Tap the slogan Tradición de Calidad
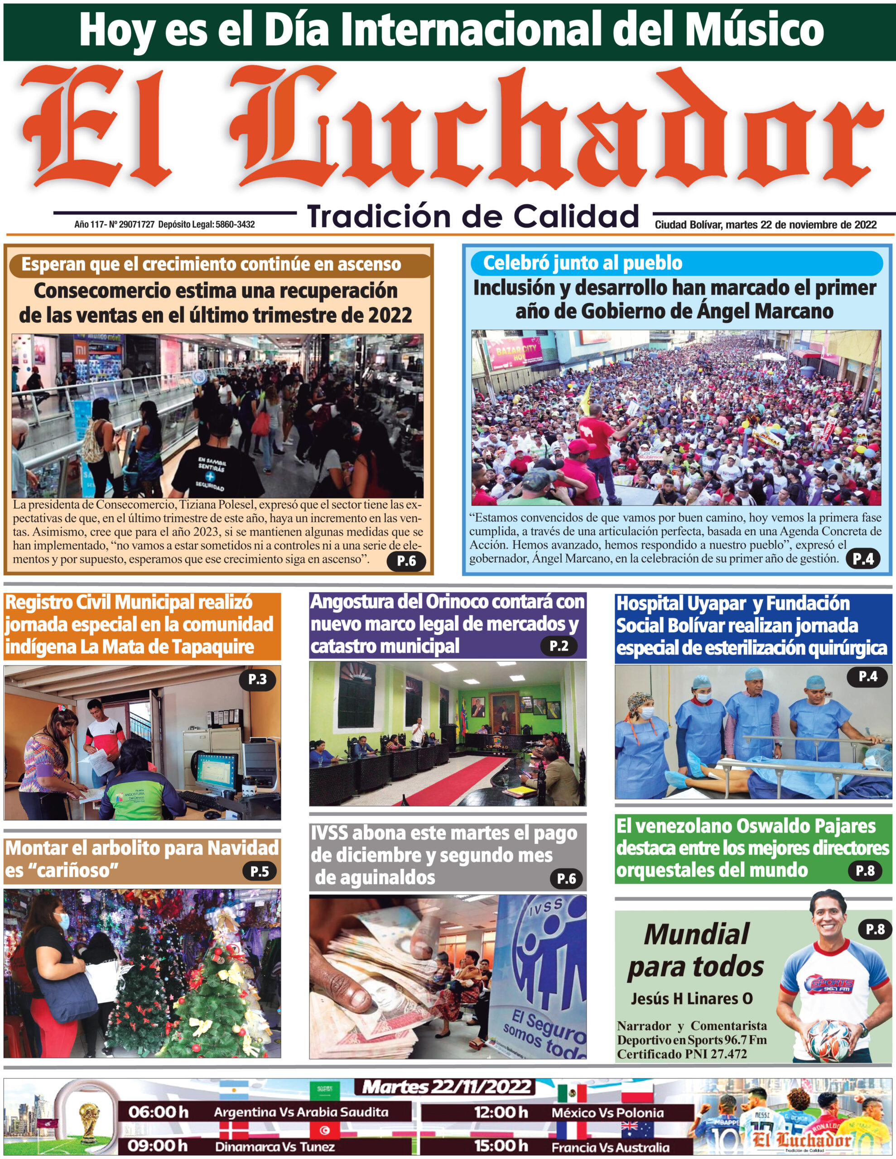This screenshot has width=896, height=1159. [473, 216]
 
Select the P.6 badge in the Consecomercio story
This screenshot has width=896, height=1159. [406, 560]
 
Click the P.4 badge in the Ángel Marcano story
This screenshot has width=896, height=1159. [862, 558]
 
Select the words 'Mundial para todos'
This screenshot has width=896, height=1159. [696, 952]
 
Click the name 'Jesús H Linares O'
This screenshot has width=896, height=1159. [692, 999]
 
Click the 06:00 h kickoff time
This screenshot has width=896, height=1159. [158, 1112]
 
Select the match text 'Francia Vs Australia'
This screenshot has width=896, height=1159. [610, 1147]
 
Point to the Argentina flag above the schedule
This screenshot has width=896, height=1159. [234, 1091]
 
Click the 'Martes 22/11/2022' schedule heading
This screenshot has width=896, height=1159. [447, 1087]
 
